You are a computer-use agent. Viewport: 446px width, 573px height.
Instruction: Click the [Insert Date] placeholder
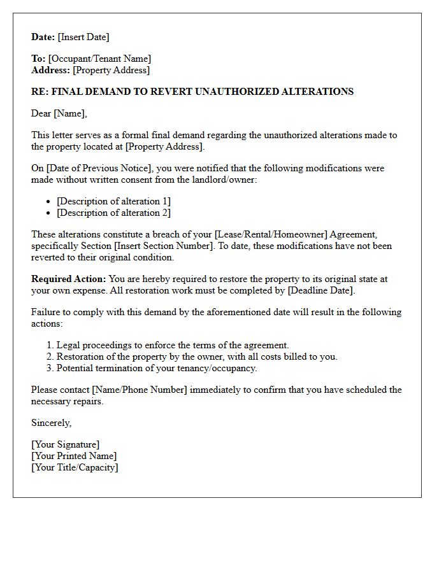click(x=83, y=37)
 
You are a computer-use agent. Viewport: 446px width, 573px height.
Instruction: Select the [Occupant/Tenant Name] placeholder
click(x=99, y=59)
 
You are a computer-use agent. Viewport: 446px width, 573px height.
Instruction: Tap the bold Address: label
click(x=50, y=71)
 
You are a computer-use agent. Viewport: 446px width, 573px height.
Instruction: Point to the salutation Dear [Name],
click(x=59, y=113)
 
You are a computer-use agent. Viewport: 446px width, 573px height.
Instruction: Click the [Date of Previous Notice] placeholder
click(x=100, y=169)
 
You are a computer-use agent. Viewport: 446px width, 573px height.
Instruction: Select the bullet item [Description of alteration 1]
click(x=113, y=202)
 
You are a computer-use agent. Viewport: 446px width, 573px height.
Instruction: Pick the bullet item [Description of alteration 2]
click(x=113, y=213)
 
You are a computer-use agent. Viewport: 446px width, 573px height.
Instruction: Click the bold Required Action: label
click(x=68, y=279)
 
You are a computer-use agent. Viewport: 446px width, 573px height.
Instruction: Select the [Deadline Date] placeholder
click(x=321, y=291)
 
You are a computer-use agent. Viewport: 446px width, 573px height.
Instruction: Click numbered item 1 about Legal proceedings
click(x=172, y=346)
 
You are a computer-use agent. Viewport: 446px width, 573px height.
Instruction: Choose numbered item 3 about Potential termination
click(x=156, y=369)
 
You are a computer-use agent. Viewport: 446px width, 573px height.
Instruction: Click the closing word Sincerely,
click(x=52, y=423)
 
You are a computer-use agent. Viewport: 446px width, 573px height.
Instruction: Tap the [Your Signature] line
click(x=66, y=445)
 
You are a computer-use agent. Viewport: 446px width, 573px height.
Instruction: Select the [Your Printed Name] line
click(x=74, y=456)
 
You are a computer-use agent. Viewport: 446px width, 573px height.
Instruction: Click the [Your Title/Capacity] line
click(x=75, y=468)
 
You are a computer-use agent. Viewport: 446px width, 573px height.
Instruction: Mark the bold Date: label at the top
click(x=43, y=37)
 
